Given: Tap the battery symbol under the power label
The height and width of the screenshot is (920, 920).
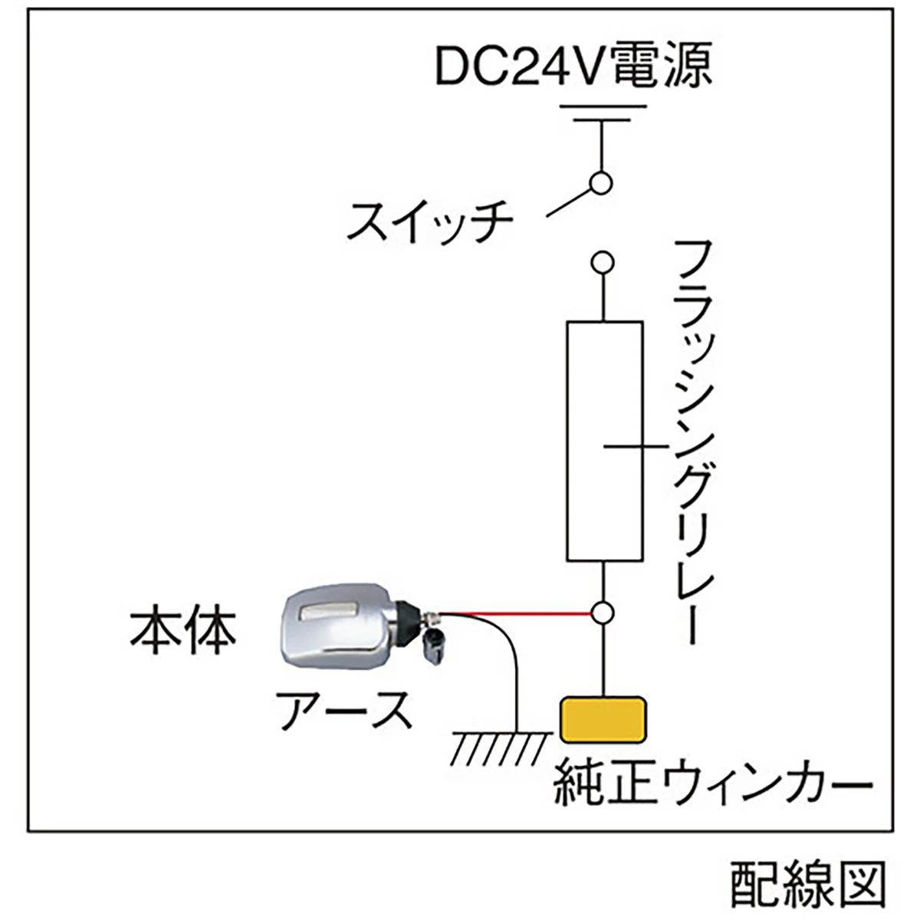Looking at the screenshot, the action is [603, 113].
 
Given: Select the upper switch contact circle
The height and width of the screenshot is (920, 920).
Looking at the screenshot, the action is [602, 183].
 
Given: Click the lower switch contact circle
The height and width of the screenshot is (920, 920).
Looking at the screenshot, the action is [602, 262].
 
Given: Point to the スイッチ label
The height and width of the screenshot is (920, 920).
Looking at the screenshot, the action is [429, 222].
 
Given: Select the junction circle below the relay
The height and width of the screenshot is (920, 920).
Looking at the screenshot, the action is [603, 613].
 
